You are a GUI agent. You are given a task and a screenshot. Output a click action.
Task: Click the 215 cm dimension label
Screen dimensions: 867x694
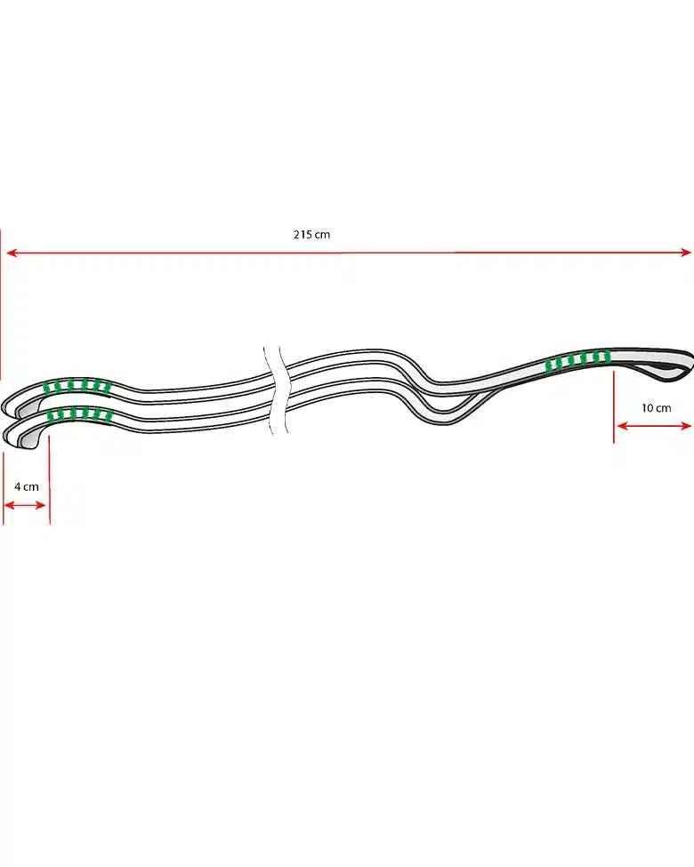click(311, 235)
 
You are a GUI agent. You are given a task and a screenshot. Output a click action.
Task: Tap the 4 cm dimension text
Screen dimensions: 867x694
click(27, 486)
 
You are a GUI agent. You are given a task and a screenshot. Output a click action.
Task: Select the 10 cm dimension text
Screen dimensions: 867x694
click(656, 408)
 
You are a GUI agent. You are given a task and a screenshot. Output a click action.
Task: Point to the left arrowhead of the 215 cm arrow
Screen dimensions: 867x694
click(11, 253)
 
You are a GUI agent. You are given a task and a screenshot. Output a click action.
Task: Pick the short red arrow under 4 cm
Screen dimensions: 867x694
click(25, 505)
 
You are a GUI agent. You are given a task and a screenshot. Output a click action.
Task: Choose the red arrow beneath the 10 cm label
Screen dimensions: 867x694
click(654, 426)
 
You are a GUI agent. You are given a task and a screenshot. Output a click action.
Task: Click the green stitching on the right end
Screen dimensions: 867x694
click(577, 360)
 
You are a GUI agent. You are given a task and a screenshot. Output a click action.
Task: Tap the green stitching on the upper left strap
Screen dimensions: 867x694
click(78, 387)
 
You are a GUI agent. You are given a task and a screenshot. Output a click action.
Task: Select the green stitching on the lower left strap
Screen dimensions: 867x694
click(78, 414)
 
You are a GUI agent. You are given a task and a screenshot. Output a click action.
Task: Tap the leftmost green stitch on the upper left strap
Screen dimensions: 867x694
click(50, 387)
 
